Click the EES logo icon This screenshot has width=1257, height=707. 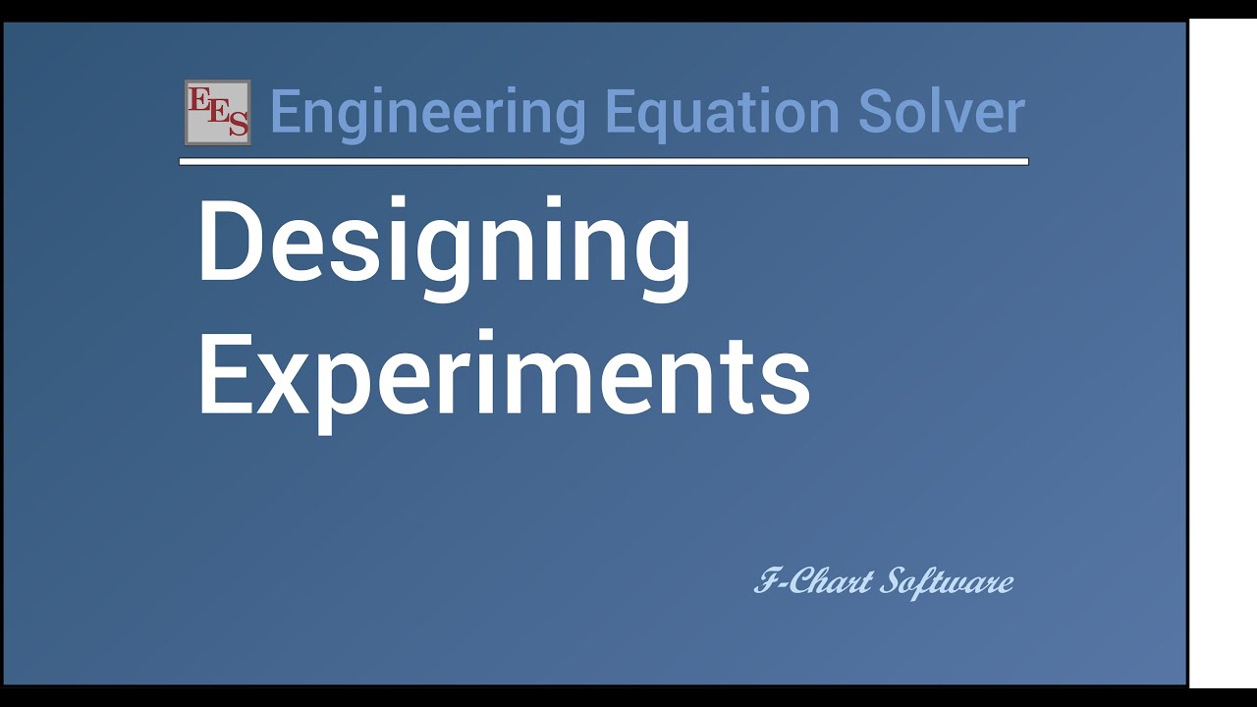tap(217, 112)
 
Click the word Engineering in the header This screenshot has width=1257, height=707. tap(427, 112)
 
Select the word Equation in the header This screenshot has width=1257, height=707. tap(722, 112)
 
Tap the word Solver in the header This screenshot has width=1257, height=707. tap(941, 112)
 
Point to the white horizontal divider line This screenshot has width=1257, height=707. tap(603, 161)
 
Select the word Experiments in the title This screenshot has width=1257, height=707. tap(504, 376)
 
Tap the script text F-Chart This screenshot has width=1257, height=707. tap(813, 582)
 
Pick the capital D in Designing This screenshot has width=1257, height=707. tap(228, 242)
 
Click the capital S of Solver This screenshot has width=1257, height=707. tap(875, 112)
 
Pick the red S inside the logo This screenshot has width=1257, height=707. tap(237, 125)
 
